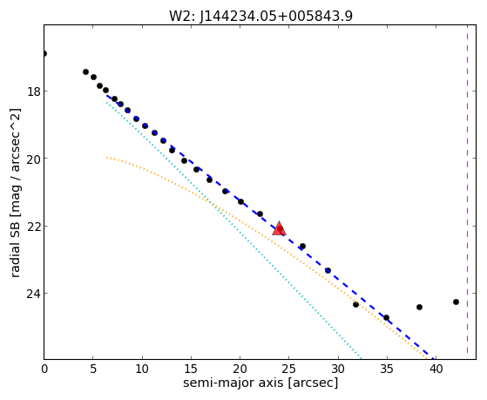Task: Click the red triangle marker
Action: pos(279,228)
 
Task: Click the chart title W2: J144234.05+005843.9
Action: pos(260,17)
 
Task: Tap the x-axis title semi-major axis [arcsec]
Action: pos(260,383)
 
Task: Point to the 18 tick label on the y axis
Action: pos(33,92)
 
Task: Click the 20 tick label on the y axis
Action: pos(33,159)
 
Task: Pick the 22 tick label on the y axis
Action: pos(33,227)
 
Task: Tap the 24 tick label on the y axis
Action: pos(33,294)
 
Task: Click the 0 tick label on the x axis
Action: pos(44,369)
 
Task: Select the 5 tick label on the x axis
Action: pos(93,369)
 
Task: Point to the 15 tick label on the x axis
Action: pos(191,369)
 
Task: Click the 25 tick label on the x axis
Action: pos(289,369)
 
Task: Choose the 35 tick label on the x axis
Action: pos(387,369)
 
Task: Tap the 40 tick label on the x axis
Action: pos(436,369)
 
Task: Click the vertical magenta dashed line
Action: pos(467,192)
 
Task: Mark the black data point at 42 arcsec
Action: pos(456,302)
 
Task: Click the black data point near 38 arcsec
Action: pos(419,307)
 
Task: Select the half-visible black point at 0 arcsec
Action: pos(45,54)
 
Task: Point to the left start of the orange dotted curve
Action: pos(106,157)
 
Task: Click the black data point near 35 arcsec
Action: pos(386,317)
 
